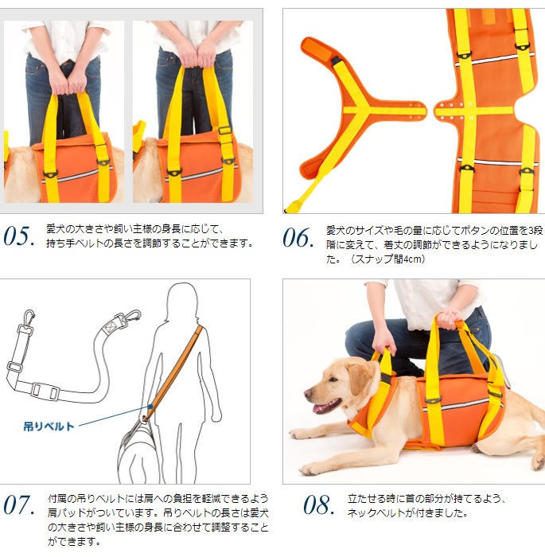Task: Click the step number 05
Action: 19,236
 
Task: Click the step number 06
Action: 298,238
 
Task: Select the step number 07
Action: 19,505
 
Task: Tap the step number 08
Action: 319,505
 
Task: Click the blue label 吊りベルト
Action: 49,427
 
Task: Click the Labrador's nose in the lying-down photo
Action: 308,393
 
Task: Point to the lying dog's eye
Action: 333,380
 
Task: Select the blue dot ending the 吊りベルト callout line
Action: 150,407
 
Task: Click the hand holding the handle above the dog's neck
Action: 384,341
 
